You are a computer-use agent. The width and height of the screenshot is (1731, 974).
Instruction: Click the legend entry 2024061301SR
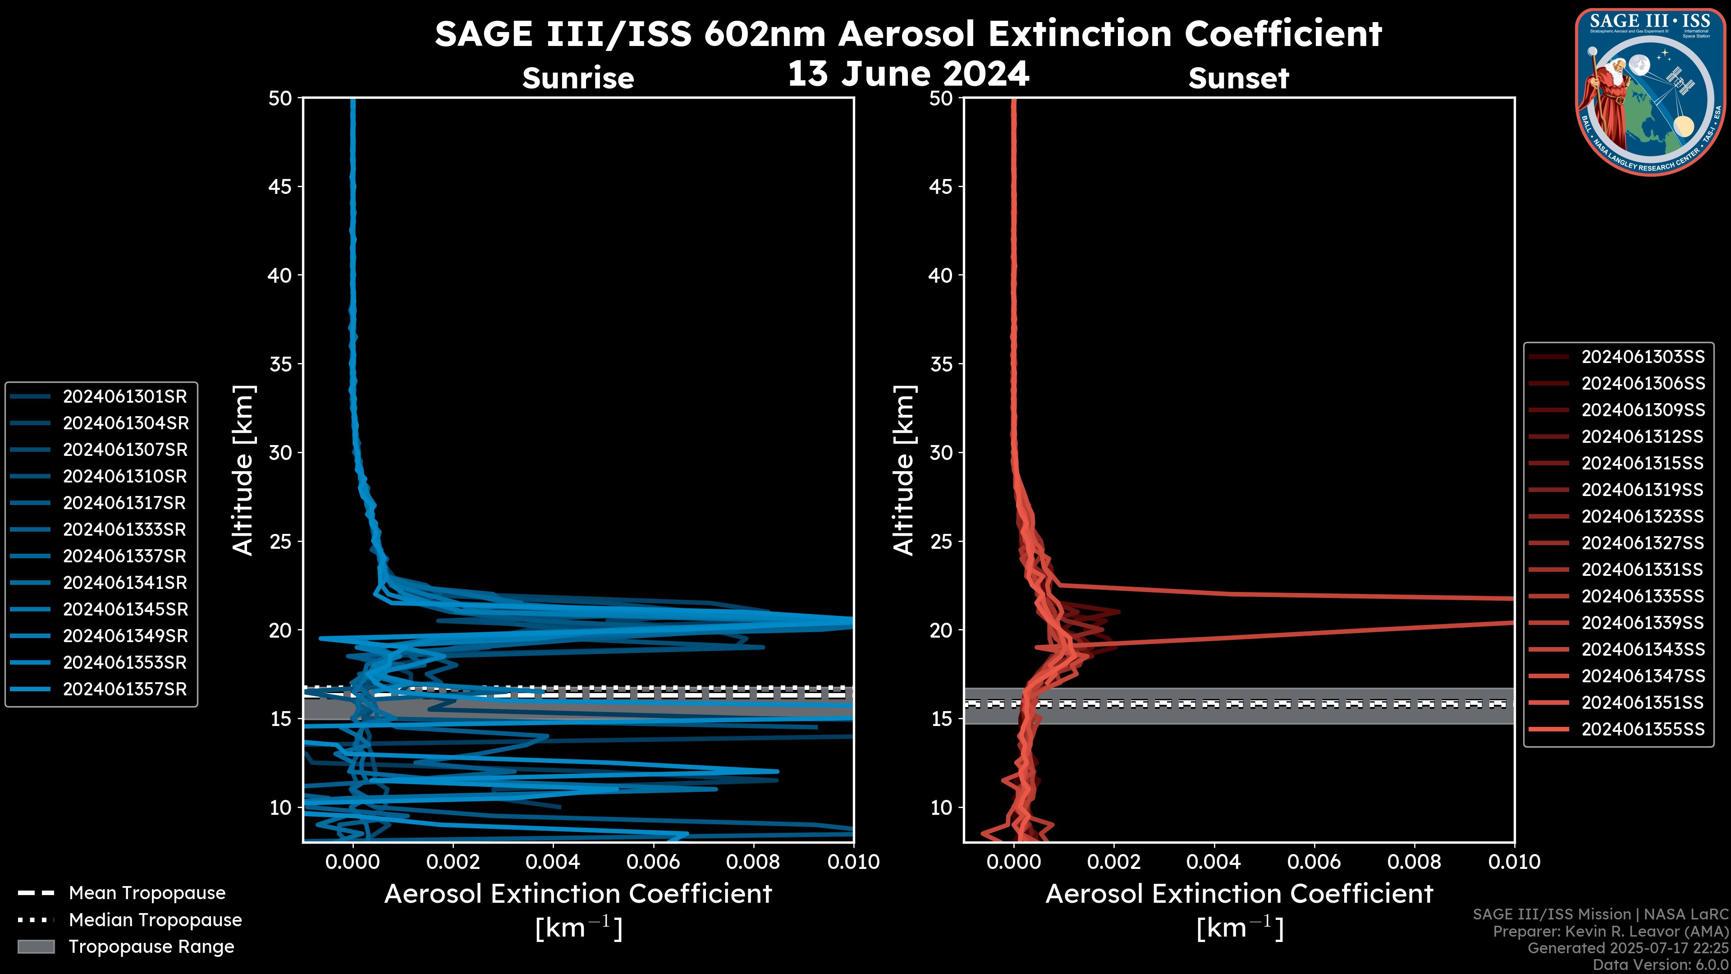(124, 397)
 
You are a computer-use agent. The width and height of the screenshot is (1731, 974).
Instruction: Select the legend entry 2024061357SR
(124, 689)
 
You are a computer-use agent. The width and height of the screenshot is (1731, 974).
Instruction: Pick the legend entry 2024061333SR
(124, 530)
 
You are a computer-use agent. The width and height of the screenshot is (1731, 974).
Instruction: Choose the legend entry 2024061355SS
(1642, 729)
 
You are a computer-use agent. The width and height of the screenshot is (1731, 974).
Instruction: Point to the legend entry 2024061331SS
(1642, 570)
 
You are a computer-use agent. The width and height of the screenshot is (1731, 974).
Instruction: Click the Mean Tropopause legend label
(147, 893)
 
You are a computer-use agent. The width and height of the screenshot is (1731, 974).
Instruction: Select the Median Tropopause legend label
(155, 920)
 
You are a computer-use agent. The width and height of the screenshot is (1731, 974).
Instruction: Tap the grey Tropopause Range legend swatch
(36, 946)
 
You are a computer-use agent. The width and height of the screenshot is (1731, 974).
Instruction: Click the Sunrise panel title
(578, 78)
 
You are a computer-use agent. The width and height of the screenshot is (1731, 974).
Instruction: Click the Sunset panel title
(1238, 78)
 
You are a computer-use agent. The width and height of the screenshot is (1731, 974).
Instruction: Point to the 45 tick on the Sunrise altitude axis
(279, 187)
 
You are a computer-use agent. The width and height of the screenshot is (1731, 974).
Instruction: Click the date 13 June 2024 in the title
(908, 74)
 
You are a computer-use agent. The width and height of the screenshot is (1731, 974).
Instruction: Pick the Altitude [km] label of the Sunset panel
(904, 470)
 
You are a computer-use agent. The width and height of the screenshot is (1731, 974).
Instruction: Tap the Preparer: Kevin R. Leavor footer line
(1610, 932)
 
